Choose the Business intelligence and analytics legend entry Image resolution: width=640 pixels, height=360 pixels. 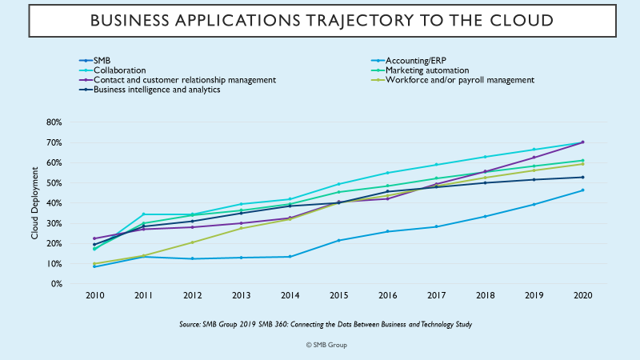pos(157,90)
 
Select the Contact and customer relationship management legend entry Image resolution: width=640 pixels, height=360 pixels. pos(185,80)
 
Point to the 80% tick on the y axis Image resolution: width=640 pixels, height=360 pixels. pos(54,122)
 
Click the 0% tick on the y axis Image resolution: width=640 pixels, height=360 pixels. pos(56,284)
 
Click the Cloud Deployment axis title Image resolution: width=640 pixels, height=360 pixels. pos(35,203)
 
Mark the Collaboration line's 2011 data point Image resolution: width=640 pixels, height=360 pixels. pos(143,214)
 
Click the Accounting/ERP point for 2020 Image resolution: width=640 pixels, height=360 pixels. pos(582,190)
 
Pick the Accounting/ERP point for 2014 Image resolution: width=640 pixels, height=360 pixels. pos(290,257)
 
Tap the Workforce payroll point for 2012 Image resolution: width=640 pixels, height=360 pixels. pos(192,242)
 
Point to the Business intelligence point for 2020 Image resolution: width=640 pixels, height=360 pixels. pos(582,178)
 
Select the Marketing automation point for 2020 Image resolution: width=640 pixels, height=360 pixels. pos(582,161)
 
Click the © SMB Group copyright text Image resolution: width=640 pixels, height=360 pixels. pos(326,345)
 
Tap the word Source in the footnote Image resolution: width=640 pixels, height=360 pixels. pos(190,326)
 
